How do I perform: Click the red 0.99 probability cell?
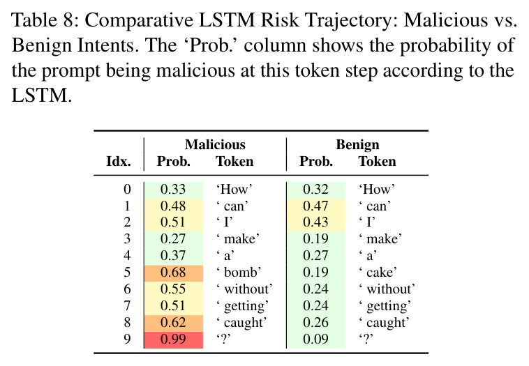pos(173,340)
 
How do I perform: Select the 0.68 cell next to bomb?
pos(173,273)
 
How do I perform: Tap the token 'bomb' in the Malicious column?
pos(239,273)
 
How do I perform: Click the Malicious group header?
pos(215,145)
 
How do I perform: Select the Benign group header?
pos(357,145)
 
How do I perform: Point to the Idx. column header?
pos(119,162)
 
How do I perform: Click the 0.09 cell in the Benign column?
pos(315,340)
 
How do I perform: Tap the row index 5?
pos(127,273)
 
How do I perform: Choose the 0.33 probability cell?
pos(173,190)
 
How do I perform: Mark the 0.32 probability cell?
pos(315,190)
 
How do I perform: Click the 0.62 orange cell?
pos(173,323)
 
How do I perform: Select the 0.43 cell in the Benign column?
pos(315,222)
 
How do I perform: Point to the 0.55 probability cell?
pos(173,289)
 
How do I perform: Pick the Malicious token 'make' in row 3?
pos(238,239)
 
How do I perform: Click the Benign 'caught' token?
pos(384,323)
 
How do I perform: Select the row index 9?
pos(127,339)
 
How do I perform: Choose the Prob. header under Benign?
pos(316,162)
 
